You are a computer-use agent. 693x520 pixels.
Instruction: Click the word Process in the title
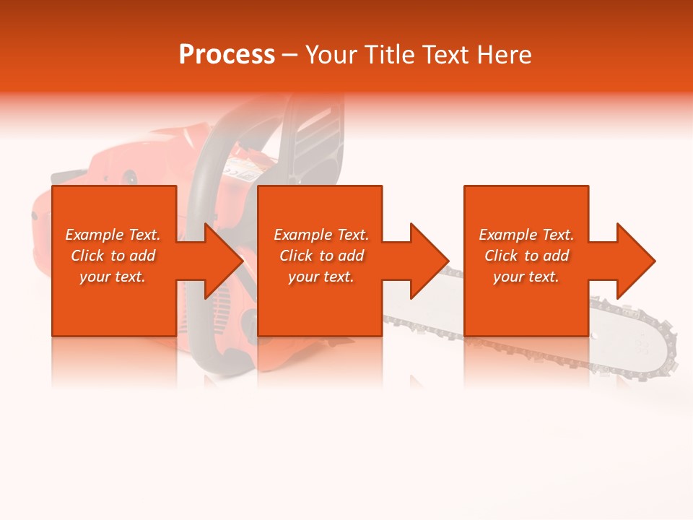tap(227, 55)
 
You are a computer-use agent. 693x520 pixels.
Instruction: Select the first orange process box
tap(114, 261)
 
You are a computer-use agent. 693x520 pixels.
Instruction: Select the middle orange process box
tap(320, 261)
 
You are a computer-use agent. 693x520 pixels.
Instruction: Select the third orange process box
tap(526, 261)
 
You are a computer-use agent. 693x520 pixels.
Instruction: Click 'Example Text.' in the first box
tap(113, 235)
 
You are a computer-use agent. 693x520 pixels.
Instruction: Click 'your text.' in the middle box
tap(321, 277)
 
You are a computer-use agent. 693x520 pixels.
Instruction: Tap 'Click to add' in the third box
tap(526, 256)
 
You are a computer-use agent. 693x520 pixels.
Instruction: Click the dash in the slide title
tap(289, 55)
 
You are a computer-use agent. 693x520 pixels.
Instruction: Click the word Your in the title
tap(331, 55)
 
